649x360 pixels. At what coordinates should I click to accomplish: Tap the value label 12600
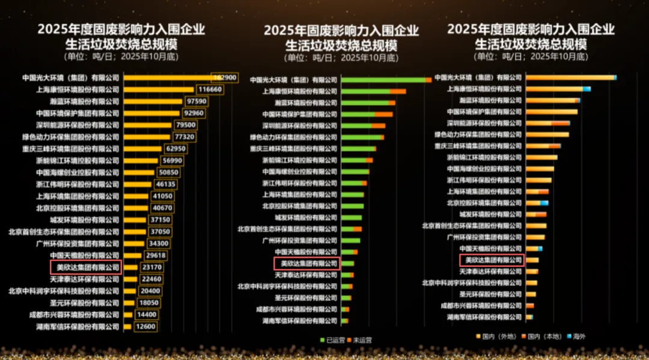[x=145, y=327]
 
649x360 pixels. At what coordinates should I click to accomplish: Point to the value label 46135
[x=166, y=185]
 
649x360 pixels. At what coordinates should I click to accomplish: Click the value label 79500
[x=185, y=125]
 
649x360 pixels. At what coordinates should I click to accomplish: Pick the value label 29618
[x=156, y=255]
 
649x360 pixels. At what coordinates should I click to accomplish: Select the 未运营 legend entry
[x=359, y=340]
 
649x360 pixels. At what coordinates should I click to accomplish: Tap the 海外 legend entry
[x=576, y=336]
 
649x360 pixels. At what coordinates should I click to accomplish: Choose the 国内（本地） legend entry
[x=543, y=336]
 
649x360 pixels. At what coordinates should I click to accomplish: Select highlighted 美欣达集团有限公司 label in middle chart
[x=307, y=263]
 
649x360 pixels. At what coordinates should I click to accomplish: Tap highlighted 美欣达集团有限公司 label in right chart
[x=492, y=260]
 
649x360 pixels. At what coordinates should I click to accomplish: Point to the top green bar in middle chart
[x=383, y=80]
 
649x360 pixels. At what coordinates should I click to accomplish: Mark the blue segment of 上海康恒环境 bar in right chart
[x=587, y=89]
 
